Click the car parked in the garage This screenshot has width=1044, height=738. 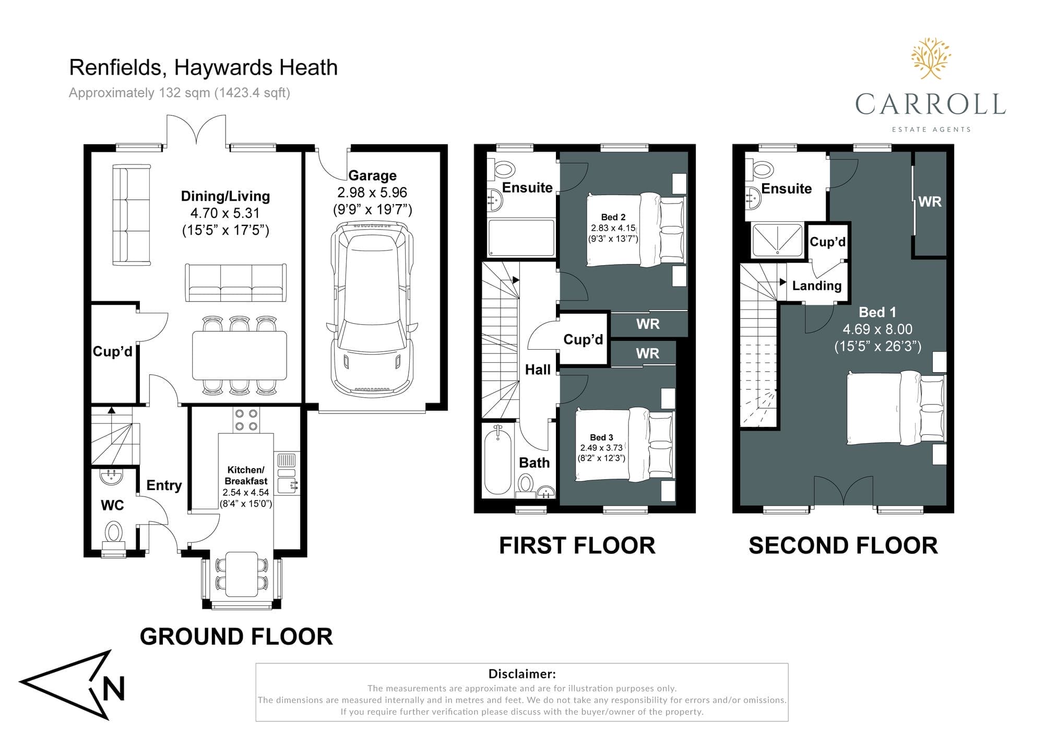[372, 310]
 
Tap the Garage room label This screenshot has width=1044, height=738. [372, 175]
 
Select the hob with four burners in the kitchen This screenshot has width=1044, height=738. [246, 420]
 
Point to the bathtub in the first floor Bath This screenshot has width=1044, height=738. [497, 459]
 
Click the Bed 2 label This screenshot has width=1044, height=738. [613, 217]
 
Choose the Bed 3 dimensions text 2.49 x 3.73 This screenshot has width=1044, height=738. [601, 448]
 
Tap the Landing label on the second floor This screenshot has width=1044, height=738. [817, 285]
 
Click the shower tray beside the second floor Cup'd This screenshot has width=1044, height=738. [777, 240]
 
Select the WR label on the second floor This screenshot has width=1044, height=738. [930, 201]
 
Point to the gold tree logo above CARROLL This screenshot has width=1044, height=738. [931, 58]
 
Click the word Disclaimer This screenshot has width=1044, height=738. [522, 674]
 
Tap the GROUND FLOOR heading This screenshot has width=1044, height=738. [236, 637]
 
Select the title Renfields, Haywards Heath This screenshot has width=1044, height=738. [204, 68]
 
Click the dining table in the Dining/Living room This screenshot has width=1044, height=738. [240, 355]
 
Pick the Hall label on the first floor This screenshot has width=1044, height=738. [538, 370]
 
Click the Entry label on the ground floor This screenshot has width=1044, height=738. [164, 485]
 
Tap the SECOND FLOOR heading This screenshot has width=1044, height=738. [843, 545]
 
